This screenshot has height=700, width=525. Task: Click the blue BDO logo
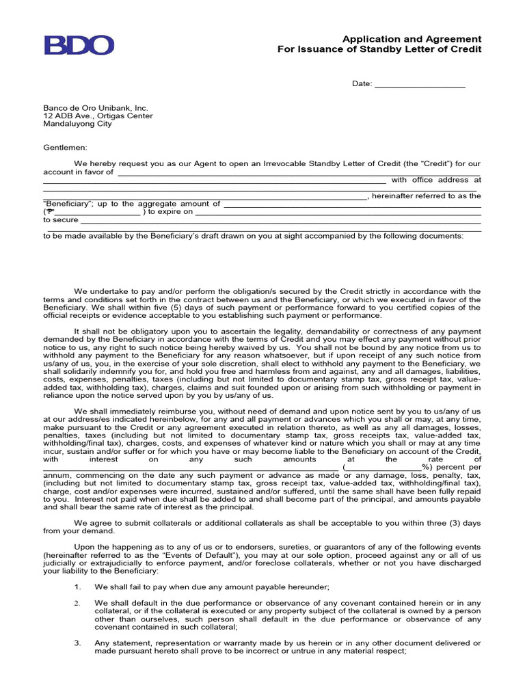click(79, 45)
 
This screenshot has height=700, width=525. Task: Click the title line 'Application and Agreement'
click(412, 39)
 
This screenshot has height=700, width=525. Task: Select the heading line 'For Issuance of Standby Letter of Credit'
click(379, 50)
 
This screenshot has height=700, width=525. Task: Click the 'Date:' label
click(362, 84)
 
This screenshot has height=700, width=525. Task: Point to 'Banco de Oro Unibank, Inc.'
click(96, 108)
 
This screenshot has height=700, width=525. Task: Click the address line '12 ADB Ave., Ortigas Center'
click(98, 116)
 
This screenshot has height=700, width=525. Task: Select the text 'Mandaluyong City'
click(78, 124)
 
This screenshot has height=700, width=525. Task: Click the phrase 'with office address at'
click(436, 180)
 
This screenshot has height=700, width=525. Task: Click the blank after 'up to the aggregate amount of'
click(352, 204)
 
